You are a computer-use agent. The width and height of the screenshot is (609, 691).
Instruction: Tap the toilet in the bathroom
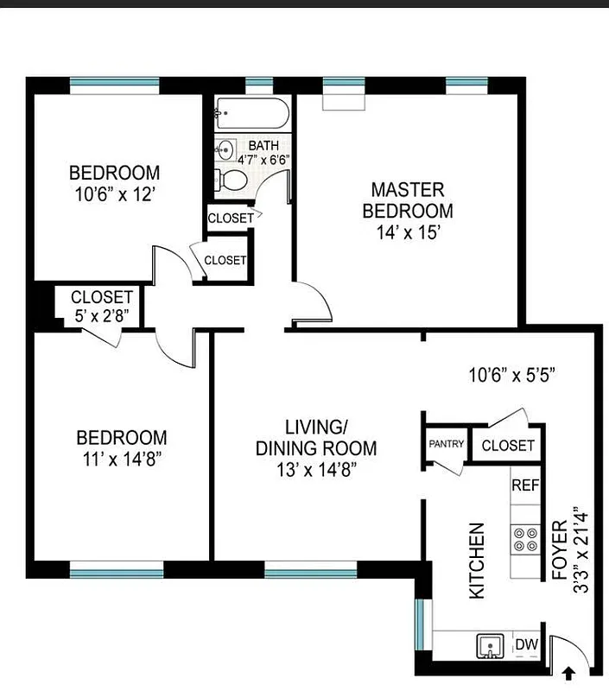click(231, 179)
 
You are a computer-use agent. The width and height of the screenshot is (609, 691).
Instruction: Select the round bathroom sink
click(225, 148)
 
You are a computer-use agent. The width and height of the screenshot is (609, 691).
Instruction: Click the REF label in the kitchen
click(525, 485)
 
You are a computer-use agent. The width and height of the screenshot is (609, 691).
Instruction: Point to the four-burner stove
click(525, 539)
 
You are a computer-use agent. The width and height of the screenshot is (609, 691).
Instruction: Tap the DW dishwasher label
click(526, 644)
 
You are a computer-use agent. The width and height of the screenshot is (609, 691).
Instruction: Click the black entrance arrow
click(568, 671)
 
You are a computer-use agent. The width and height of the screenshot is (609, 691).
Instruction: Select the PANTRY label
click(447, 445)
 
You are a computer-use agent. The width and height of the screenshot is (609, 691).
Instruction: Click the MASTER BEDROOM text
click(407, 200)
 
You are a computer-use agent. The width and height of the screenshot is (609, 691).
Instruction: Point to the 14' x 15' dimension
click(407, 232)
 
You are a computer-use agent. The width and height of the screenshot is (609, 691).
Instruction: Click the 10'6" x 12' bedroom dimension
click(114, 194)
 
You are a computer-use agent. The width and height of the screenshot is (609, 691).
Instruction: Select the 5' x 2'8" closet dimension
click(102, 315)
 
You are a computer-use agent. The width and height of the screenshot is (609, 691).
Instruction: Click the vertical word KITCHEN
click(476, 561)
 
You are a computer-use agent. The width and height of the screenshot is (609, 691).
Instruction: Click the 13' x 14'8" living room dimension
click(315, 470)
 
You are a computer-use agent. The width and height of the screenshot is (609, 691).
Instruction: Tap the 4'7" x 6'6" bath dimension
click(263, 159)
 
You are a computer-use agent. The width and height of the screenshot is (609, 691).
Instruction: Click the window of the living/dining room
click(310, 571)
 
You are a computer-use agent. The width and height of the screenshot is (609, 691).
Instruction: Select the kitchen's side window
click(420, 623)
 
